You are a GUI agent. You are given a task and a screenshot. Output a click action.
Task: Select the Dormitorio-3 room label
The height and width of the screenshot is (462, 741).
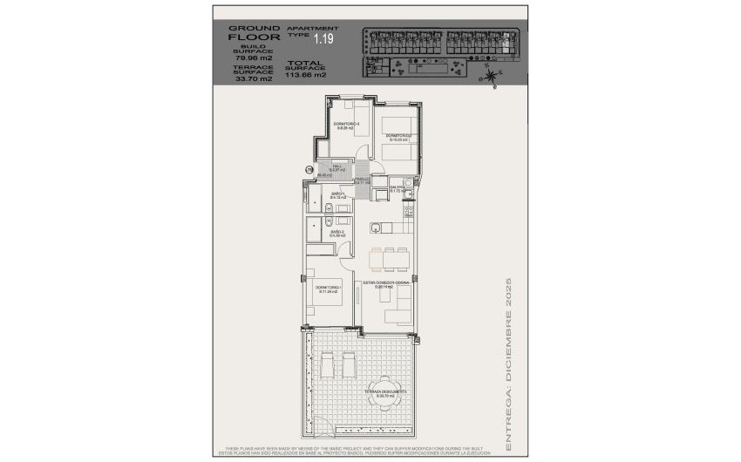pos(346,126)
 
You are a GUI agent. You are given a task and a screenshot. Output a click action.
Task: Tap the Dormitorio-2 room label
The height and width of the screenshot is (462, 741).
pos(398,136)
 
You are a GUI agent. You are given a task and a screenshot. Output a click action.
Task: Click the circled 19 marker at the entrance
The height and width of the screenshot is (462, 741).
pos(309,169)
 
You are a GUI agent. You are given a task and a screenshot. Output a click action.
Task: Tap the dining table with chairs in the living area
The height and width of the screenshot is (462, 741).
pos(387,257)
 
